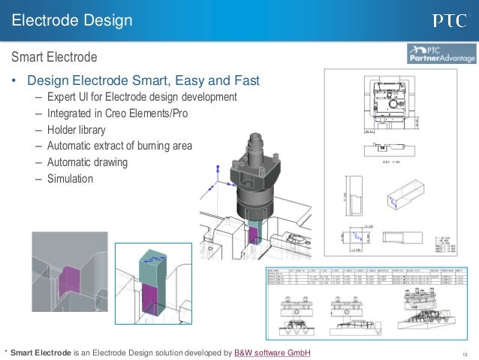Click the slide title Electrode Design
point(72,19)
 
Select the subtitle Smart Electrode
point(53,57)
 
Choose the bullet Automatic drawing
point(87,162)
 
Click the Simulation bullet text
point(70,179)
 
